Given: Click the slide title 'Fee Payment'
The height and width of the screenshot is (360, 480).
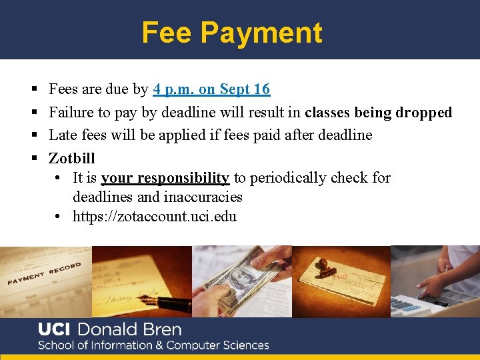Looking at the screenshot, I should pyautogui.click(x=232, y=33).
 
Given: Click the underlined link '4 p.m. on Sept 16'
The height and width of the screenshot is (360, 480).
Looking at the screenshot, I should pyautogui.click(x=211, y=89).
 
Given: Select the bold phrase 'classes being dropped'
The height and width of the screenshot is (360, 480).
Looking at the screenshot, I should pyautogui.click(x=378, y=112).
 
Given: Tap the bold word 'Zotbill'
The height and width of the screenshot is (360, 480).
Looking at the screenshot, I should pyautogui.click(x=72, y=158).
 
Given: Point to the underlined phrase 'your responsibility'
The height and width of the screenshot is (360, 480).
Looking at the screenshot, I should pyautogui.click(x=165, y=178).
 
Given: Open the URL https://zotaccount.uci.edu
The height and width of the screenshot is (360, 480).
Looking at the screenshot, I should pyautogui.click(x=154, y=217).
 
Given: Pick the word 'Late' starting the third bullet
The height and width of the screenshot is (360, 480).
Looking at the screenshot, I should pyautogui.click(x=63, y=135).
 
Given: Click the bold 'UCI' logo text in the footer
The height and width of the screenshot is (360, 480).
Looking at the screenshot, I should pyautogui.click(x=54, y=330).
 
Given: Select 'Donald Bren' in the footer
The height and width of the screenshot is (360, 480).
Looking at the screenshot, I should pyautogui.click(x=130, y=330).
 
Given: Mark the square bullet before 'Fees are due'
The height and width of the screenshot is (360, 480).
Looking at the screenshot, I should pyautogui.click(x=34, y=89).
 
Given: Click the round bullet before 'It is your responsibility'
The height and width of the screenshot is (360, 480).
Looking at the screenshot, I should pyautogui.click(x=59, y=178).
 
